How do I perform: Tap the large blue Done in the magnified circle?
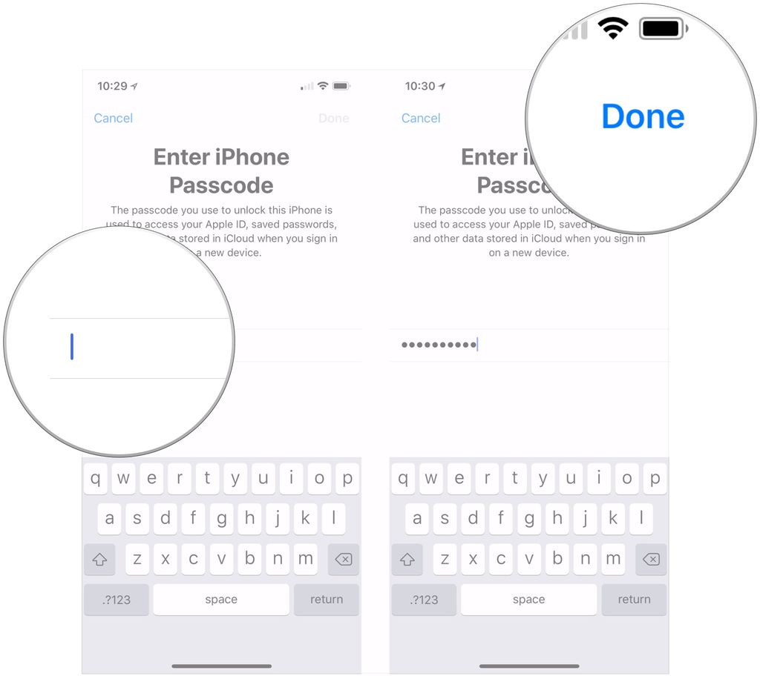pyautogui.click(x=643, y=116)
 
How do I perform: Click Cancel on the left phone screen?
pyautogui.click(x=114, y=118)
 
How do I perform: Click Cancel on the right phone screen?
pyautogui.click(x=421, y=118)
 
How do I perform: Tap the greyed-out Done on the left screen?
pyautogui.click(x=333, y=118)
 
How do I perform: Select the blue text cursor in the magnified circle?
pyautogui.click(x=72, y=347)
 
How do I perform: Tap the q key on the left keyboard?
pyautogui.click(x=96, y=478)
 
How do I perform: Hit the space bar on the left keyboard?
pyautogui.click(x=221, y=599)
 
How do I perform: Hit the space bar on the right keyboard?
pyautogui.click(x=528, y=599)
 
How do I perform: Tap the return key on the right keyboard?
pyautogui.click(x=634, y=599)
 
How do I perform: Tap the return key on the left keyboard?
pyautogui.click(x=327, y=599)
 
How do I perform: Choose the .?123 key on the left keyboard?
pyautogui.click(x=117, y=599)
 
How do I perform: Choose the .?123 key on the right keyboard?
pyautogui.click(x=424, y=599)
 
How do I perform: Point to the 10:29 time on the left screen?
pyautogui.click(x=113, y=86)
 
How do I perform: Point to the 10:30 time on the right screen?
pyautogui.click(x=420, y=86)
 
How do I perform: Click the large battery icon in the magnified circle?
pyautogui.click(x=663, y=29)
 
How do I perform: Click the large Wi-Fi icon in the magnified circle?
pyautogui.click(x=613, y=29)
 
